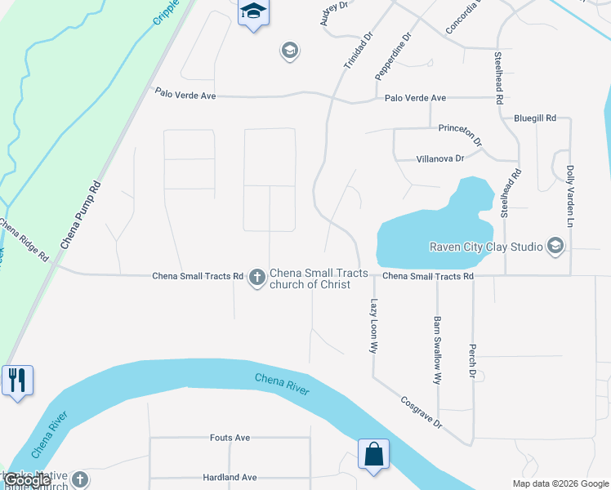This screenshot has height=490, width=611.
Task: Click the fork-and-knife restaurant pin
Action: point(17,381)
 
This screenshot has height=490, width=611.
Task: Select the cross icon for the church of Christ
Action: point(256,278)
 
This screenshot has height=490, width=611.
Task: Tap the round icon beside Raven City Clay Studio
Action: point(555,246)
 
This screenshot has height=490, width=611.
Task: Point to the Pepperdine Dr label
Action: point(393,56)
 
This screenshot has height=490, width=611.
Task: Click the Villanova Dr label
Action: point(440,158)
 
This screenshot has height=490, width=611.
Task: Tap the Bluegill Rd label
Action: point(535,118)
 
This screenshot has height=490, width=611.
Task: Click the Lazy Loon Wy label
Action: point(374,324)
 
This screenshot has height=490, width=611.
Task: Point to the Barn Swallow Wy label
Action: point(438,350)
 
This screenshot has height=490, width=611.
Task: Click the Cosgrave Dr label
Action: point(421,413)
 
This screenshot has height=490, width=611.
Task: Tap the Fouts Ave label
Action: point(230,438)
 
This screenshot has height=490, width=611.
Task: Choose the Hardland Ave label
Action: point(230,477)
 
